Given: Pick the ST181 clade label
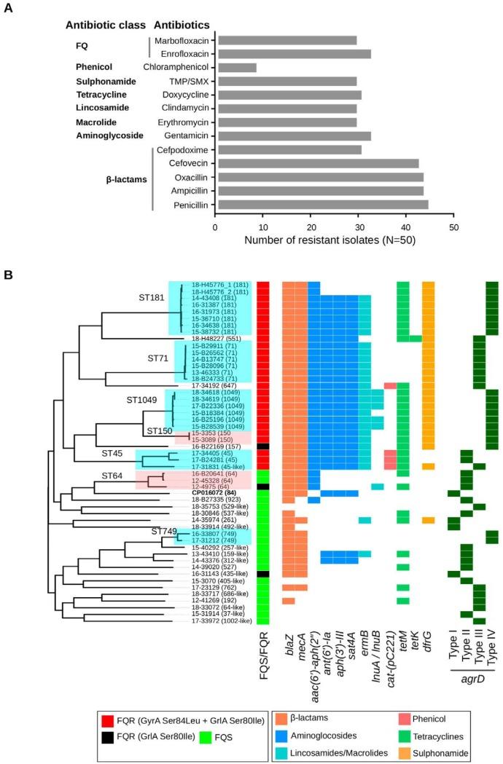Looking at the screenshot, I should point(153,297).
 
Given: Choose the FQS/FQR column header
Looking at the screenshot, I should point(264,650).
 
